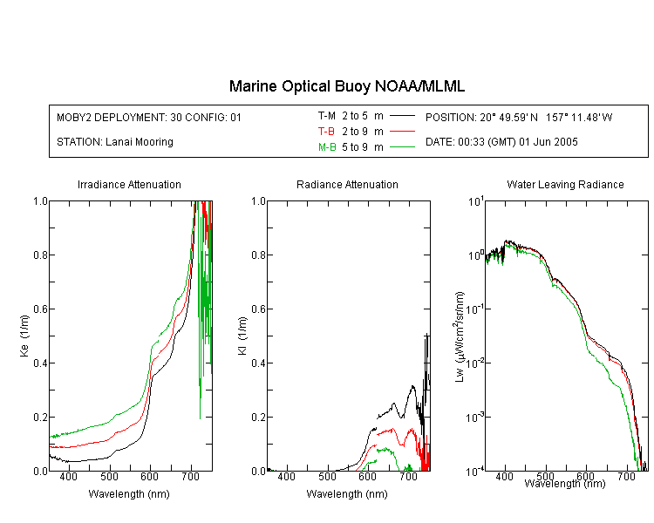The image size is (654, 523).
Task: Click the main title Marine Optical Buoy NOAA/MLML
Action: tap(346, 86)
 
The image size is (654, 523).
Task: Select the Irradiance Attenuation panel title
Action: tap(129, 184)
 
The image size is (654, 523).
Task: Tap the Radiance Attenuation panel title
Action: tap(347, 184)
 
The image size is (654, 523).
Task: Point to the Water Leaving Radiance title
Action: tap(565, 184)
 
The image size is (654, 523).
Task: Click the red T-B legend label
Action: tap(326, 132)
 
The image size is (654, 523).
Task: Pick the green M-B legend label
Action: tap(327, 146)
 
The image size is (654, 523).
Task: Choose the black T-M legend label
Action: tap(327, 116)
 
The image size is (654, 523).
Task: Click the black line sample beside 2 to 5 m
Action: tap(402, 116)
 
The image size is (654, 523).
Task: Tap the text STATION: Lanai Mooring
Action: tap(115, 142)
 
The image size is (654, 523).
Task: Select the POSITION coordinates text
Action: tap(519, 117)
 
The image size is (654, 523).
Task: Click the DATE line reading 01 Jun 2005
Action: tap(501, 142)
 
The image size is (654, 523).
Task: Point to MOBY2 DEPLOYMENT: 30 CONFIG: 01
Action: tap(149, 117)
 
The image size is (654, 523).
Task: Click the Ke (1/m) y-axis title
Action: tap(24, 336)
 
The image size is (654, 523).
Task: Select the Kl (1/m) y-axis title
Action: tap(242, 336)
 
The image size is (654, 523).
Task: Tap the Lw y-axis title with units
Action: tap(460, 336)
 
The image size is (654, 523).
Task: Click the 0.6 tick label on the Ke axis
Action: tap(40, 309)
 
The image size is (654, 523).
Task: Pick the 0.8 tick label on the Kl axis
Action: tap(259, 255)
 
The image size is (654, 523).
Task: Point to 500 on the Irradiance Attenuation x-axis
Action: tap(109, 476)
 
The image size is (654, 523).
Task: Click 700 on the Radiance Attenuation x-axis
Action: tap(408, 476)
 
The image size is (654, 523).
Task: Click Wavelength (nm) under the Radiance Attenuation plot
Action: tap(347, 494)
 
